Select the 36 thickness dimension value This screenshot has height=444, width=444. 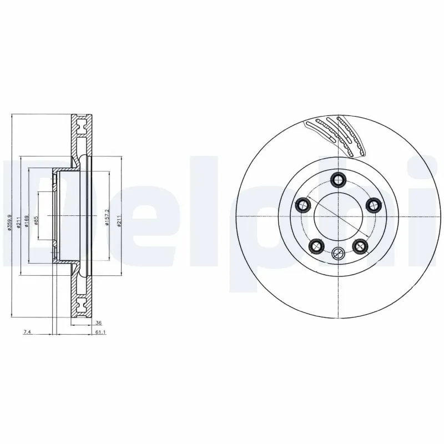tap(98, 322)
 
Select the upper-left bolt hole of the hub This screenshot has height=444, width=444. tap(302, 205)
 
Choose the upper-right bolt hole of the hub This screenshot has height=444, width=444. tap(373, 205)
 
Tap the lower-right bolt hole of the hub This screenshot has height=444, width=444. tap(360, 245)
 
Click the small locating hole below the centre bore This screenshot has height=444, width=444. tap(337, 254)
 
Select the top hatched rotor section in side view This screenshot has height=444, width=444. tap(81, 136)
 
